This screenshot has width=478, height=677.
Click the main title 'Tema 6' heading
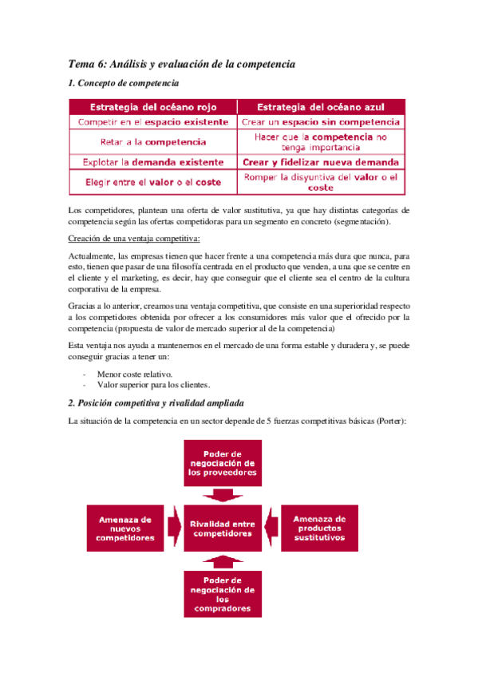click(183, 63)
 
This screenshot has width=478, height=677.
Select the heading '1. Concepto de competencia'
click(124, 83)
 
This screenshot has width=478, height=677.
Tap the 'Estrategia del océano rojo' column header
click(152, 107)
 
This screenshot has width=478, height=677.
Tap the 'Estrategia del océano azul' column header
click(321, 107)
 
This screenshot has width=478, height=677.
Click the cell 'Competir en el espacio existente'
click(152, 122)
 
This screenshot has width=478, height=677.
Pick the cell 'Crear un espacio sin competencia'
click(321, 122)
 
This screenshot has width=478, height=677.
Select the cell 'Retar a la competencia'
click(152, 142)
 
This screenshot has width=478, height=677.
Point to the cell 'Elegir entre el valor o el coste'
click(152, 182)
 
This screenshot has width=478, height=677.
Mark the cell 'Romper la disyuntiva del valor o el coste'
click(321, 182)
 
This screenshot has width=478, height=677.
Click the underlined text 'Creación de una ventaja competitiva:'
click(133, 239)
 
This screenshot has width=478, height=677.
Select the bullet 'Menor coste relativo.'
click(134, 374)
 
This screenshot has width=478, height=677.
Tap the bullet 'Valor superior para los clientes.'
click(148, 385)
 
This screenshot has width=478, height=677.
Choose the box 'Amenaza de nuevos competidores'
click(125, 528)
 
